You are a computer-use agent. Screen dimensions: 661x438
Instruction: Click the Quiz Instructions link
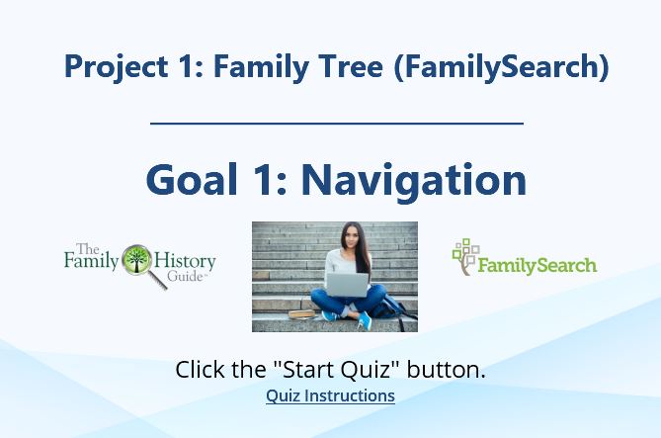point(330,395)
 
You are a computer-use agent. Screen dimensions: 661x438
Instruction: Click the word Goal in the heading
point(192,179)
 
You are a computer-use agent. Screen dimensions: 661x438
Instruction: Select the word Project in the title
point(117,66)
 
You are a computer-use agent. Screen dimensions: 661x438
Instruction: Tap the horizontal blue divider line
point(337,124)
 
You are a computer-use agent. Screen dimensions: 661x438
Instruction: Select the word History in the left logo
point(185,262)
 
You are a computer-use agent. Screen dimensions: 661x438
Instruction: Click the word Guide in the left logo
point(185,277)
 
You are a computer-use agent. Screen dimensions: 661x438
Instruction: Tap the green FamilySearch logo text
point(537,266)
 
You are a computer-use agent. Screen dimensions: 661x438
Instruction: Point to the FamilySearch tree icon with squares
point(465,256)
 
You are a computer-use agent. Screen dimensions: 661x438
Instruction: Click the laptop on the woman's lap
point(347,285)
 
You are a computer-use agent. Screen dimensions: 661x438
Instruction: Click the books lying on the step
point(301,314)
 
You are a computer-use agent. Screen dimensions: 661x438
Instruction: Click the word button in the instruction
point(446,369)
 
